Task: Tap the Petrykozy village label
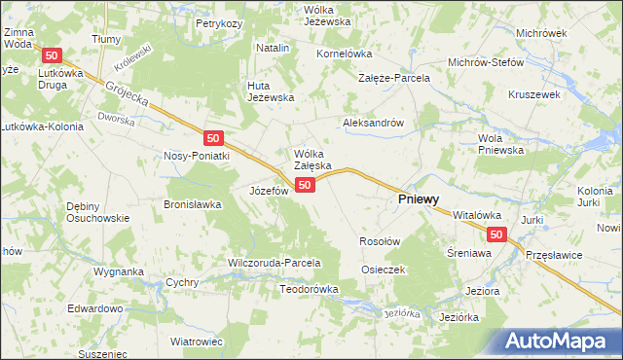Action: coord(218,22)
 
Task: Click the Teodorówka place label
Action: coord(309,289)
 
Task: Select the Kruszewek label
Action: coord(533,95)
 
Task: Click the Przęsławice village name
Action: coord(554,253)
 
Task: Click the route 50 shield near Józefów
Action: coord(306,185)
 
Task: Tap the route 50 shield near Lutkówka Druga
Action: coord(53,55)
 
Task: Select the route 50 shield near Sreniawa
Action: coord(496,234)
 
